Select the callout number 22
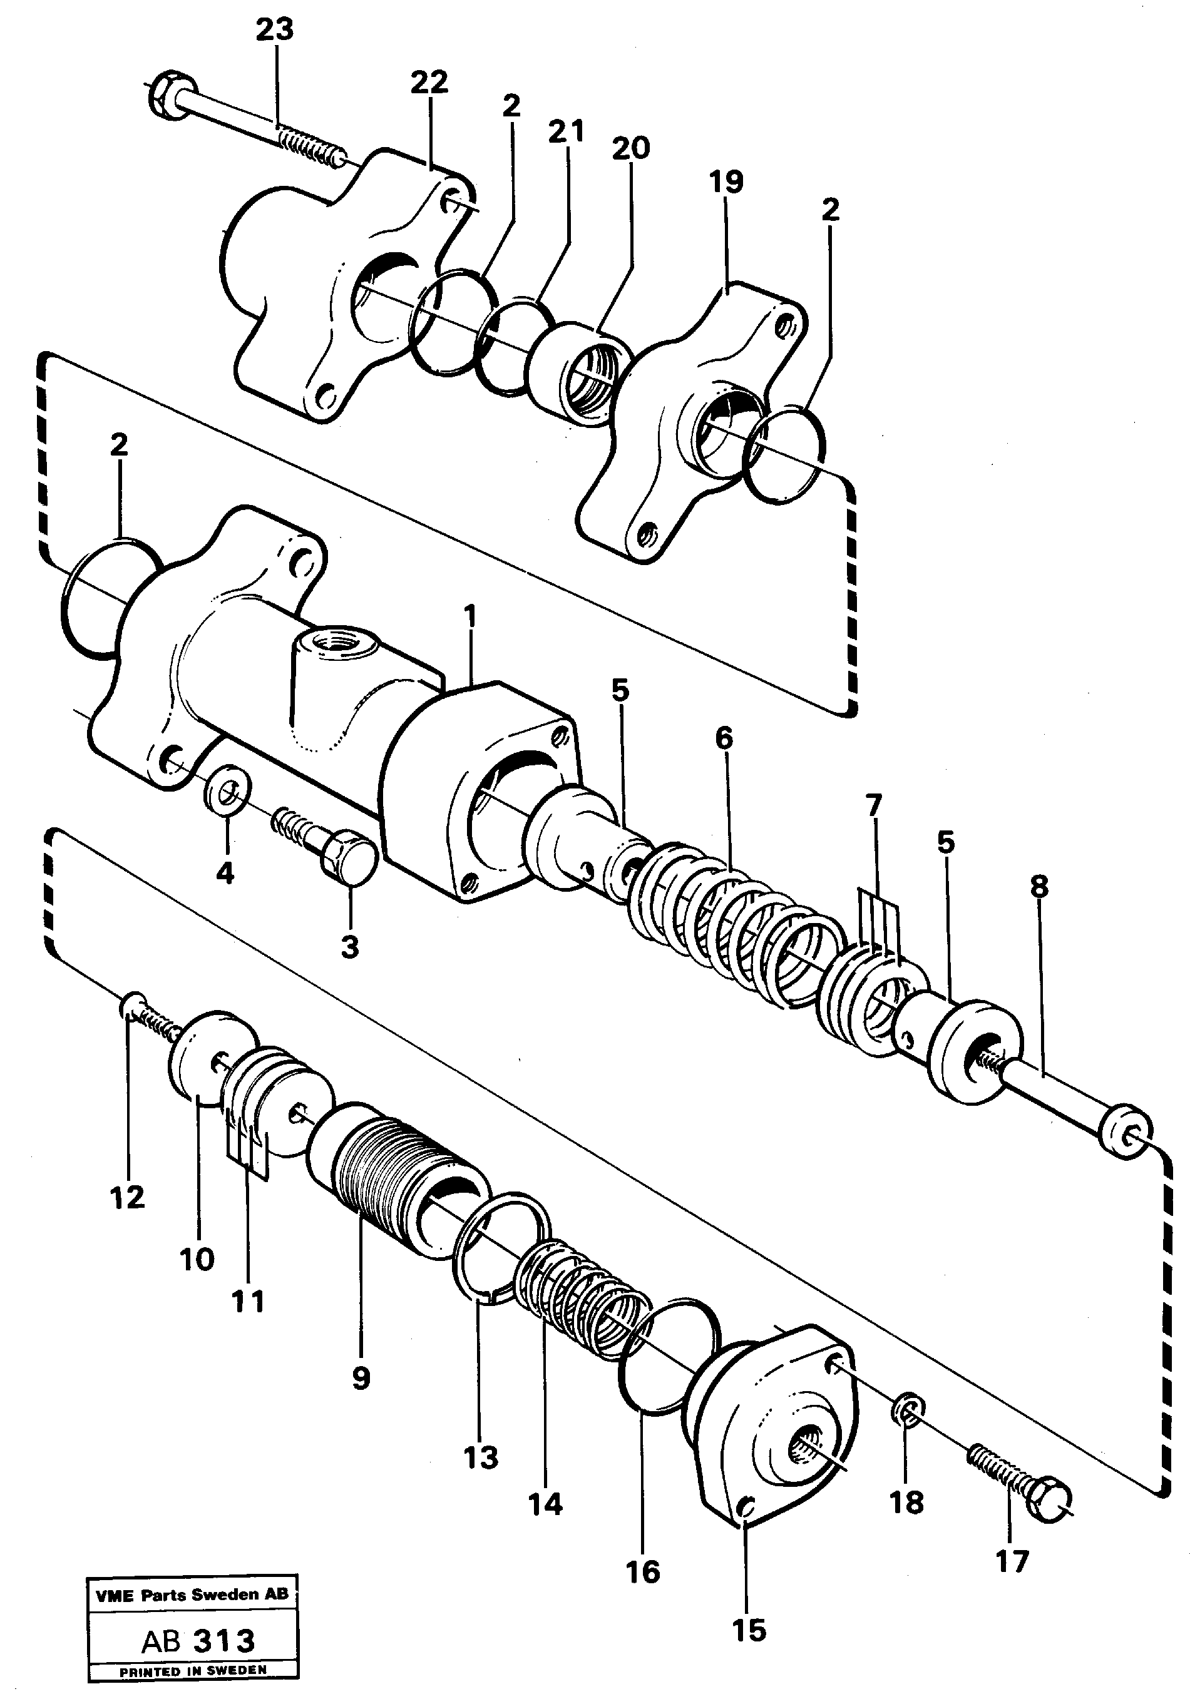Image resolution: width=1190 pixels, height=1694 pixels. click(429, 82)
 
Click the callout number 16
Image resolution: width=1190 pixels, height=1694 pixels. click(642, 1571)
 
